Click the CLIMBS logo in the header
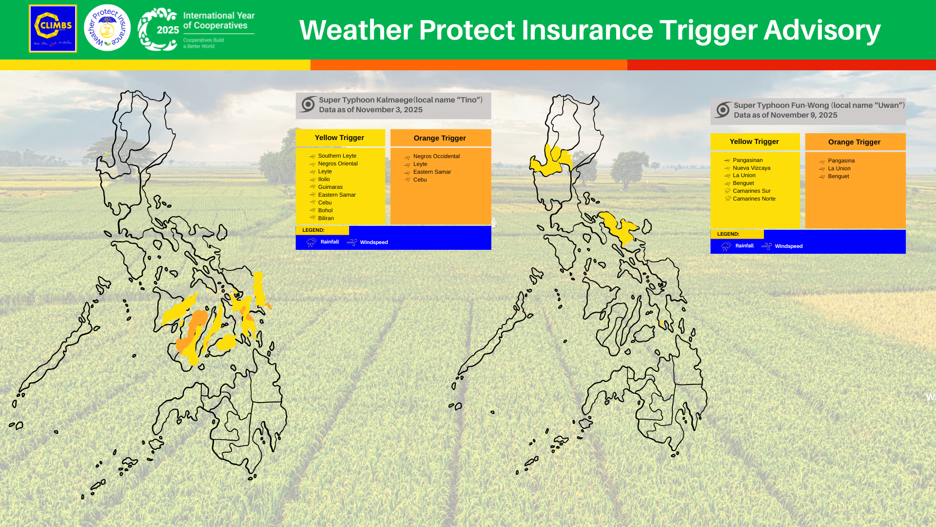point(53,28)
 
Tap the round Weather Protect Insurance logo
point(107,28)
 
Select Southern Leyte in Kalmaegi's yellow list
point(337,156)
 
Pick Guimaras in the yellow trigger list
point(330,187)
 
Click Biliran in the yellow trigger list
point(326,218)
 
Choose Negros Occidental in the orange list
point(436,156)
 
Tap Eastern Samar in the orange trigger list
point(432,172)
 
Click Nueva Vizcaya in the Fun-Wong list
point(751,168)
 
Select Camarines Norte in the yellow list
point(754,199)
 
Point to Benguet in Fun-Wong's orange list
point(838,176)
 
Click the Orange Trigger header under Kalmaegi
point(440,138)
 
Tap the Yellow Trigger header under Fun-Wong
point(754,142)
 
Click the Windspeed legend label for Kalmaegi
point(373,243)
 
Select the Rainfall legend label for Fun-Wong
point(744,246)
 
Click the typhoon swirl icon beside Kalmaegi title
point(308,104)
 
